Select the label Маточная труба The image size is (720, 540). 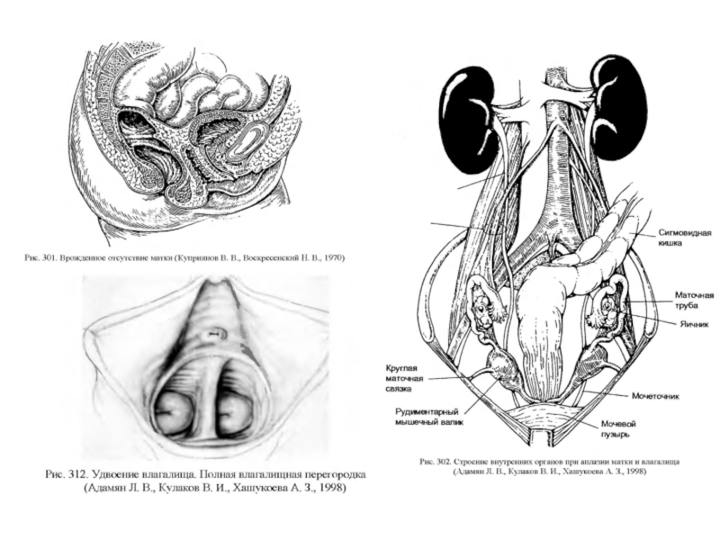(x=695, y=300)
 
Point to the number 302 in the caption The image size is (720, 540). (x=442, y=461)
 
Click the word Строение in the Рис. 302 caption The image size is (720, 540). (x=470, y=461)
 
